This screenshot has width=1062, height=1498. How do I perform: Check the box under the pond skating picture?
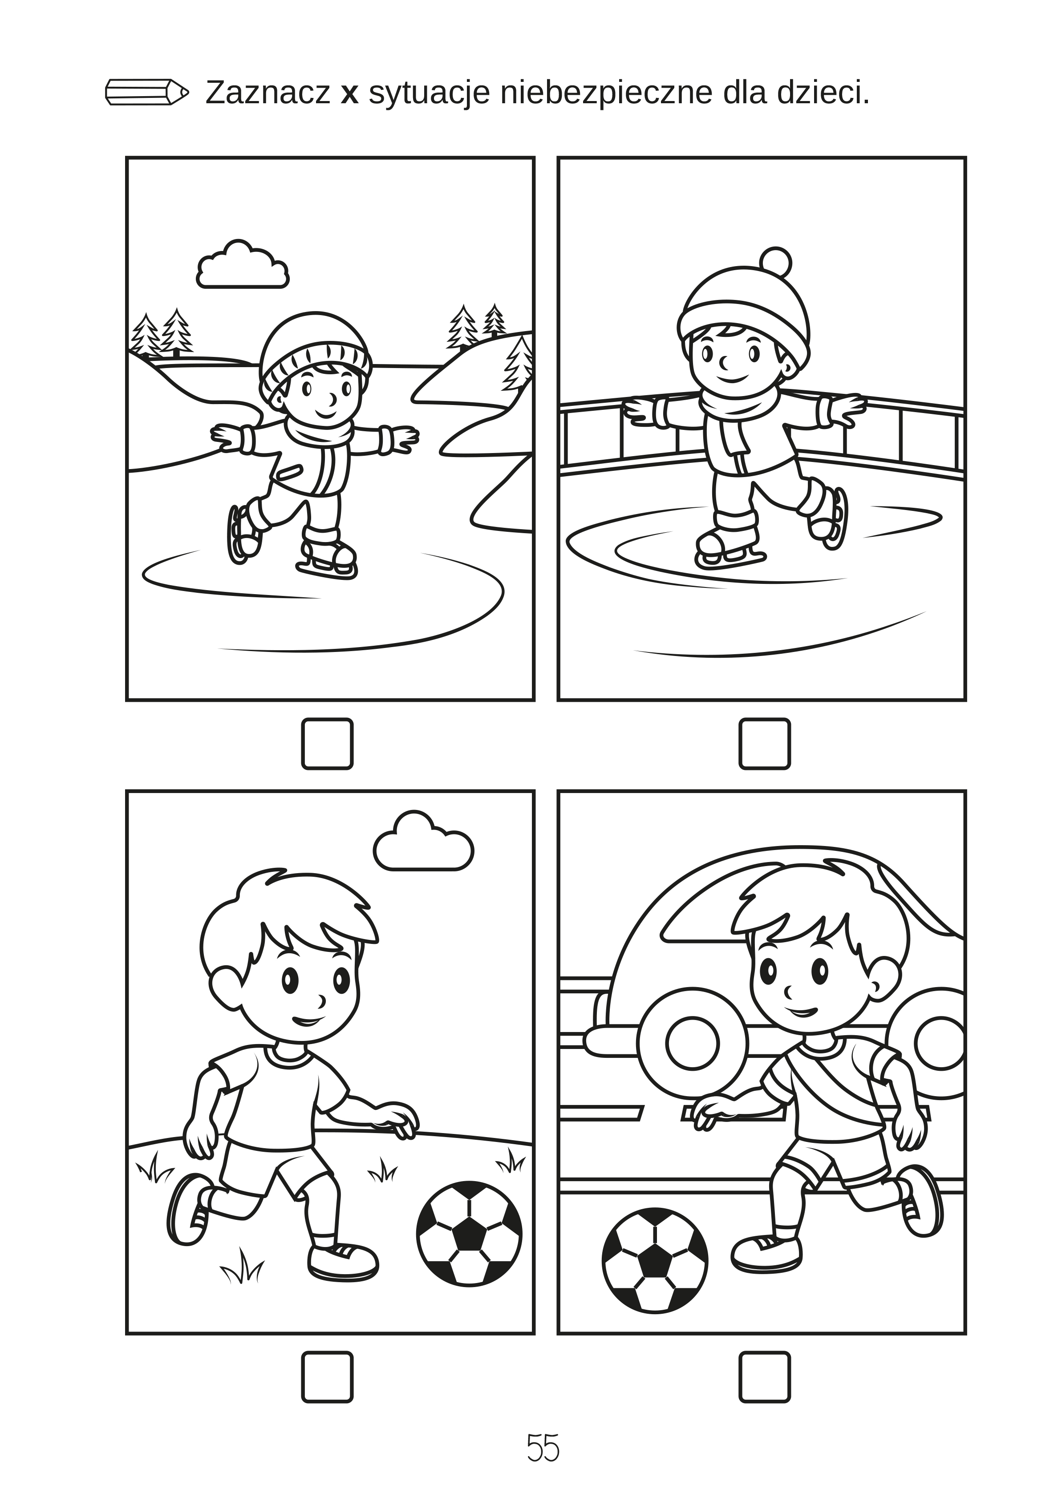tap(327, 744)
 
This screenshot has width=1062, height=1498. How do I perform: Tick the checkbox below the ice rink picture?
tap(765, 744)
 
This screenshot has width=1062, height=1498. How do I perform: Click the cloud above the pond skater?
tap(243, 265)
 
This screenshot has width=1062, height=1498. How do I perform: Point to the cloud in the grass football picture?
tap(423, 842)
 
